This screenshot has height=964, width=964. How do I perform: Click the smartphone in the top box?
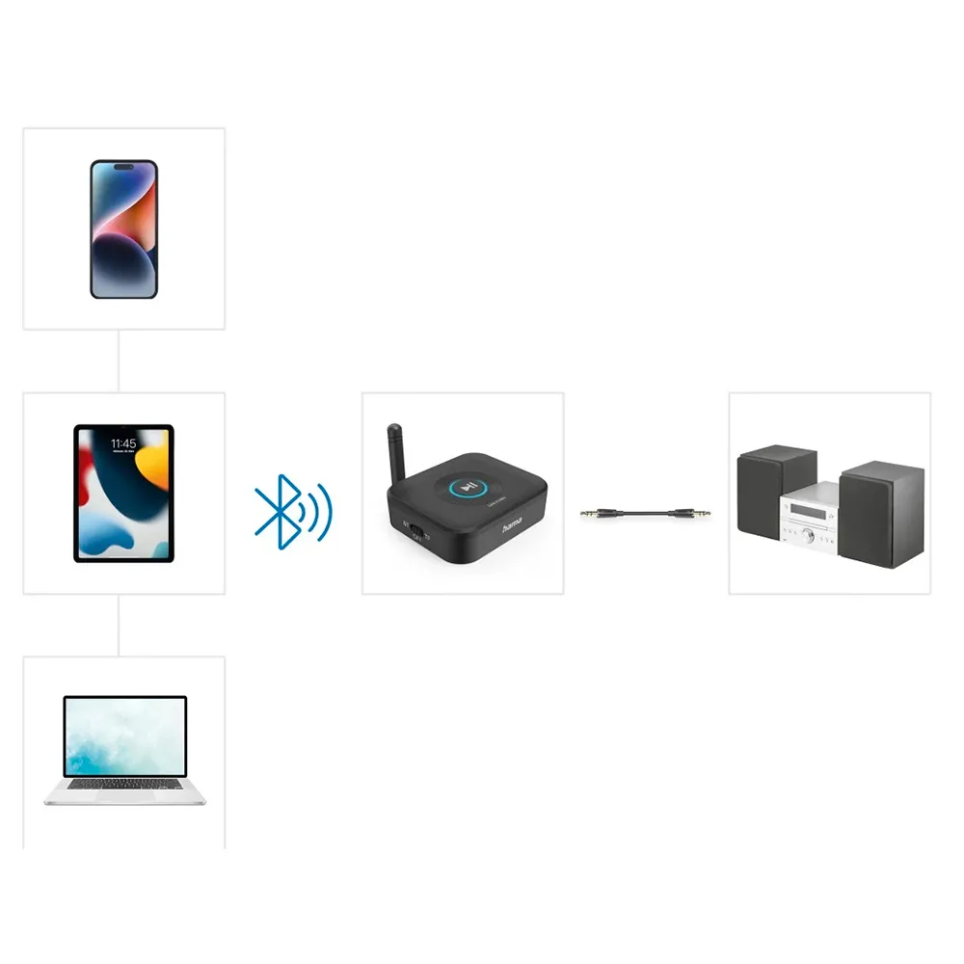(123, 228)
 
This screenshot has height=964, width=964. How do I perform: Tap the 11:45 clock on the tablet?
(123, 442)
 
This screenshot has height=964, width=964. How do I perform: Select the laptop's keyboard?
(125, 786)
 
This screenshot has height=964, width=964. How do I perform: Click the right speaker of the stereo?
(881, 513)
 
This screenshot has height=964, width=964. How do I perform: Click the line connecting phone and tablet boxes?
(119, 361)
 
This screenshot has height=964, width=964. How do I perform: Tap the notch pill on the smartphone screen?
(123, 168)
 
